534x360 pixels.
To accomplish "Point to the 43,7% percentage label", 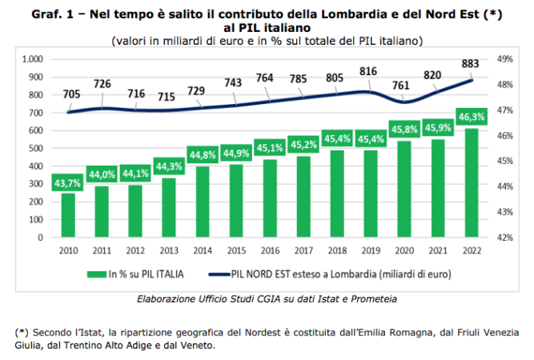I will pos(68,182).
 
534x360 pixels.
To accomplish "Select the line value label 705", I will pos(71,94).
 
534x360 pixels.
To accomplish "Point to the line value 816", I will pos(367,71).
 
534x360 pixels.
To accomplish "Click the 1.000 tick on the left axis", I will pos(31,59).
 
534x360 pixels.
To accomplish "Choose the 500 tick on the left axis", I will pos(35,149).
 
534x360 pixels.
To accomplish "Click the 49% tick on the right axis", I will pos(505,59).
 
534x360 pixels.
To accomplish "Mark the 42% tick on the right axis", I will pos(505,238).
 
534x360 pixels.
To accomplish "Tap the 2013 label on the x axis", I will pos(169,250).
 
